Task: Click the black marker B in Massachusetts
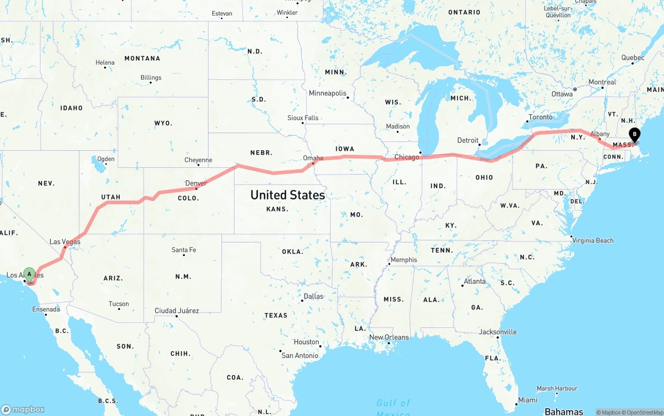click(x=634, y=135)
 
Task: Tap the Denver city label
click(x=196, y=183)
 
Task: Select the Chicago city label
click(x=407, y=157)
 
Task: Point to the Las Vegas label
click(x=65, y=241)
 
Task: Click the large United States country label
click(x=287, y=195)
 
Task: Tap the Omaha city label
click(x=313, y=158)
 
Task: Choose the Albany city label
click(x=600, y=134)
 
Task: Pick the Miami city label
click(x=528, y=400)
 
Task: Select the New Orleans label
click(x=389, y=337)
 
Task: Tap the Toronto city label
click(x=541, y=117)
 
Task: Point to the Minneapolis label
click(x=327, y=93)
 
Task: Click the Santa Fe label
click(x=184, y=250)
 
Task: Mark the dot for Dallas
click(x=302, y=300)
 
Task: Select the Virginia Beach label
click(x=592, y=240)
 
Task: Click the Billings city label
click(x=151, y=78)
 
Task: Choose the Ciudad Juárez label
click(x=177, y=311)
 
